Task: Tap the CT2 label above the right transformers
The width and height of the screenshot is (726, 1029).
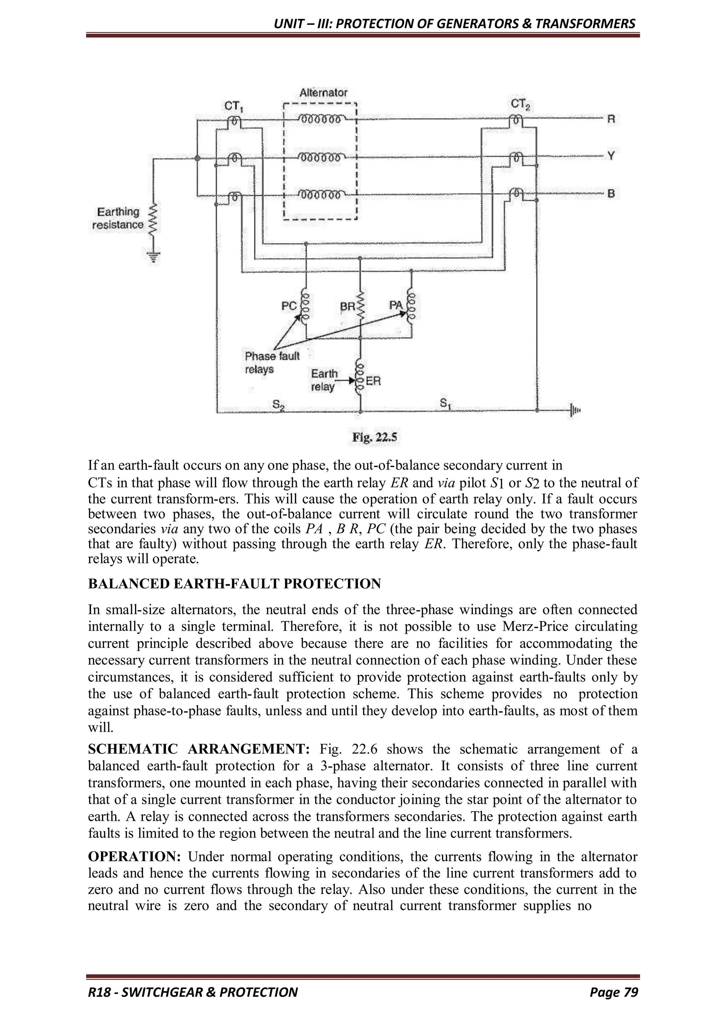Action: [x=520, y=104]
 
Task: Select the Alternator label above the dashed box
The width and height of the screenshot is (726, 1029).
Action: [x=323, y=93]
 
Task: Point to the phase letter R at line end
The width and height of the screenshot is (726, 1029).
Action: [x=611, y=119]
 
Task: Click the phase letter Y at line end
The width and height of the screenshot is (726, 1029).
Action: [x=611, y=156]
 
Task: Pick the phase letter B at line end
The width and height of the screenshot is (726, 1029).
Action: [x=611, y=194]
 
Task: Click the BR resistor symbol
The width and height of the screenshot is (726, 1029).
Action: [x=360, y=307]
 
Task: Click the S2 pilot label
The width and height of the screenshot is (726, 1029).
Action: [x=278, y=405]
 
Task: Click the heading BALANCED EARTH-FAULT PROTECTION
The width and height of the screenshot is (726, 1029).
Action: [x=234, y=584]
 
